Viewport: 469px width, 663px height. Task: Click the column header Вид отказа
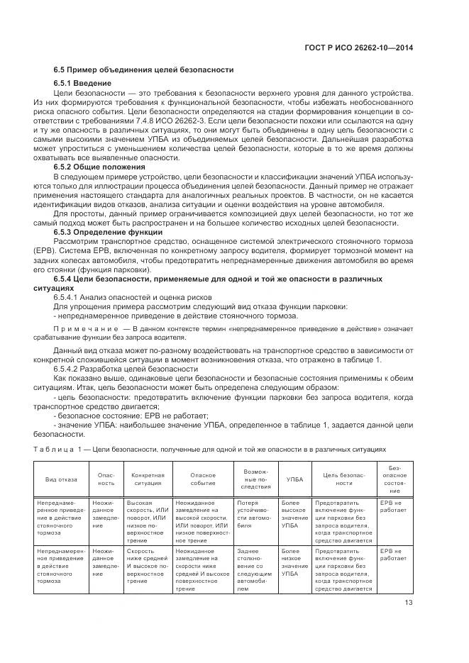[62, 480]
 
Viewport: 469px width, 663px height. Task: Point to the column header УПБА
[294, 480]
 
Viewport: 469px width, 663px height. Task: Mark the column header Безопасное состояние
[394, 480]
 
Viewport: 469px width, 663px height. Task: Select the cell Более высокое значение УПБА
[294, 513]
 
